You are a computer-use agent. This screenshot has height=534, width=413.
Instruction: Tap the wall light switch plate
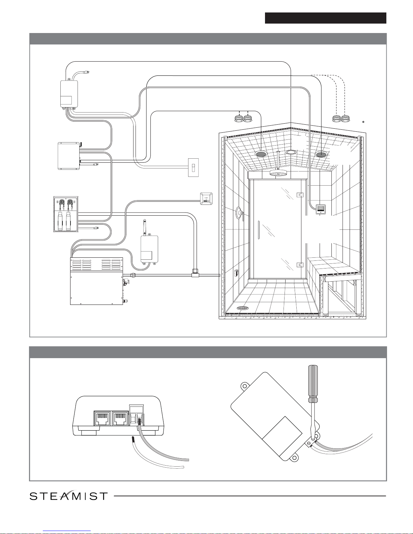click(x=193, y=167)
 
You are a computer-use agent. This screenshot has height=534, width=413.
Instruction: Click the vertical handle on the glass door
click(x=259, y=230)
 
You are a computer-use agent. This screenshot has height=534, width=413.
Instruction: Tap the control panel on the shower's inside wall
click(x=321, y=209)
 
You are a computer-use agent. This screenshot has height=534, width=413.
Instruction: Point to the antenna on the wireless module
click(x=145, y=227)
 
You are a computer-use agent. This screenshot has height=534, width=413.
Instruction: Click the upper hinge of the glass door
click(x=300, y=195)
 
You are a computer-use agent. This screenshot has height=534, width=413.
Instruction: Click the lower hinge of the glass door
click(x=300, y=265)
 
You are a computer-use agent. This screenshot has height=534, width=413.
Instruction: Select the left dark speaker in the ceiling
click(x=261, y=154)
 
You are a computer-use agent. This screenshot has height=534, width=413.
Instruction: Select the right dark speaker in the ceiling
click(x=322, y=154)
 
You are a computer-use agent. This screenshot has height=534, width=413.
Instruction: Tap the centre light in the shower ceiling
click(x=291, y=152)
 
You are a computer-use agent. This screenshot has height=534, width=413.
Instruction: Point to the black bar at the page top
click(x=325, y=18)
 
